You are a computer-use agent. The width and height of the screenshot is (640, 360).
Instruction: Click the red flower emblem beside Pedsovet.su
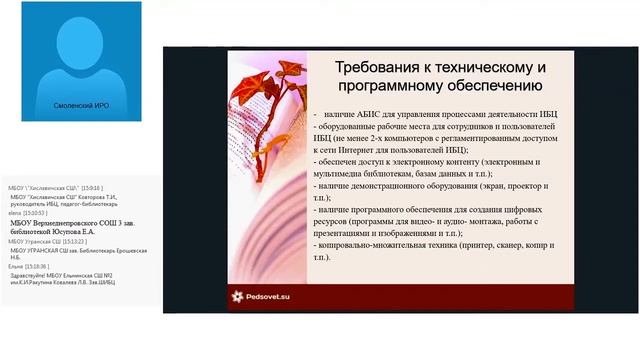pyautogui.click(x=237, y=296)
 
